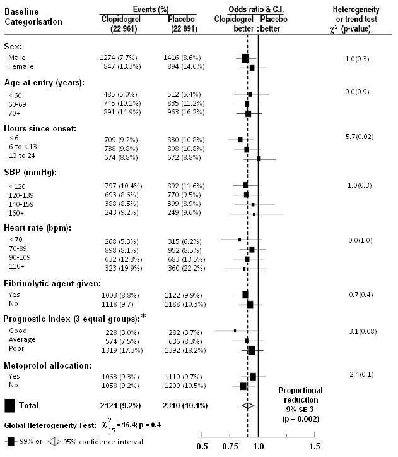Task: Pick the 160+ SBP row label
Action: [16, 213]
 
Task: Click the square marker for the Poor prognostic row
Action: [252, 350]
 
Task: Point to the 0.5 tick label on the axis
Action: [202, 446]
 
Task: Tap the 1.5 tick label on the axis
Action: [314, 446]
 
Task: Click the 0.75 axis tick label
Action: [230, 446]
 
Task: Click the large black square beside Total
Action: [9, 405]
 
